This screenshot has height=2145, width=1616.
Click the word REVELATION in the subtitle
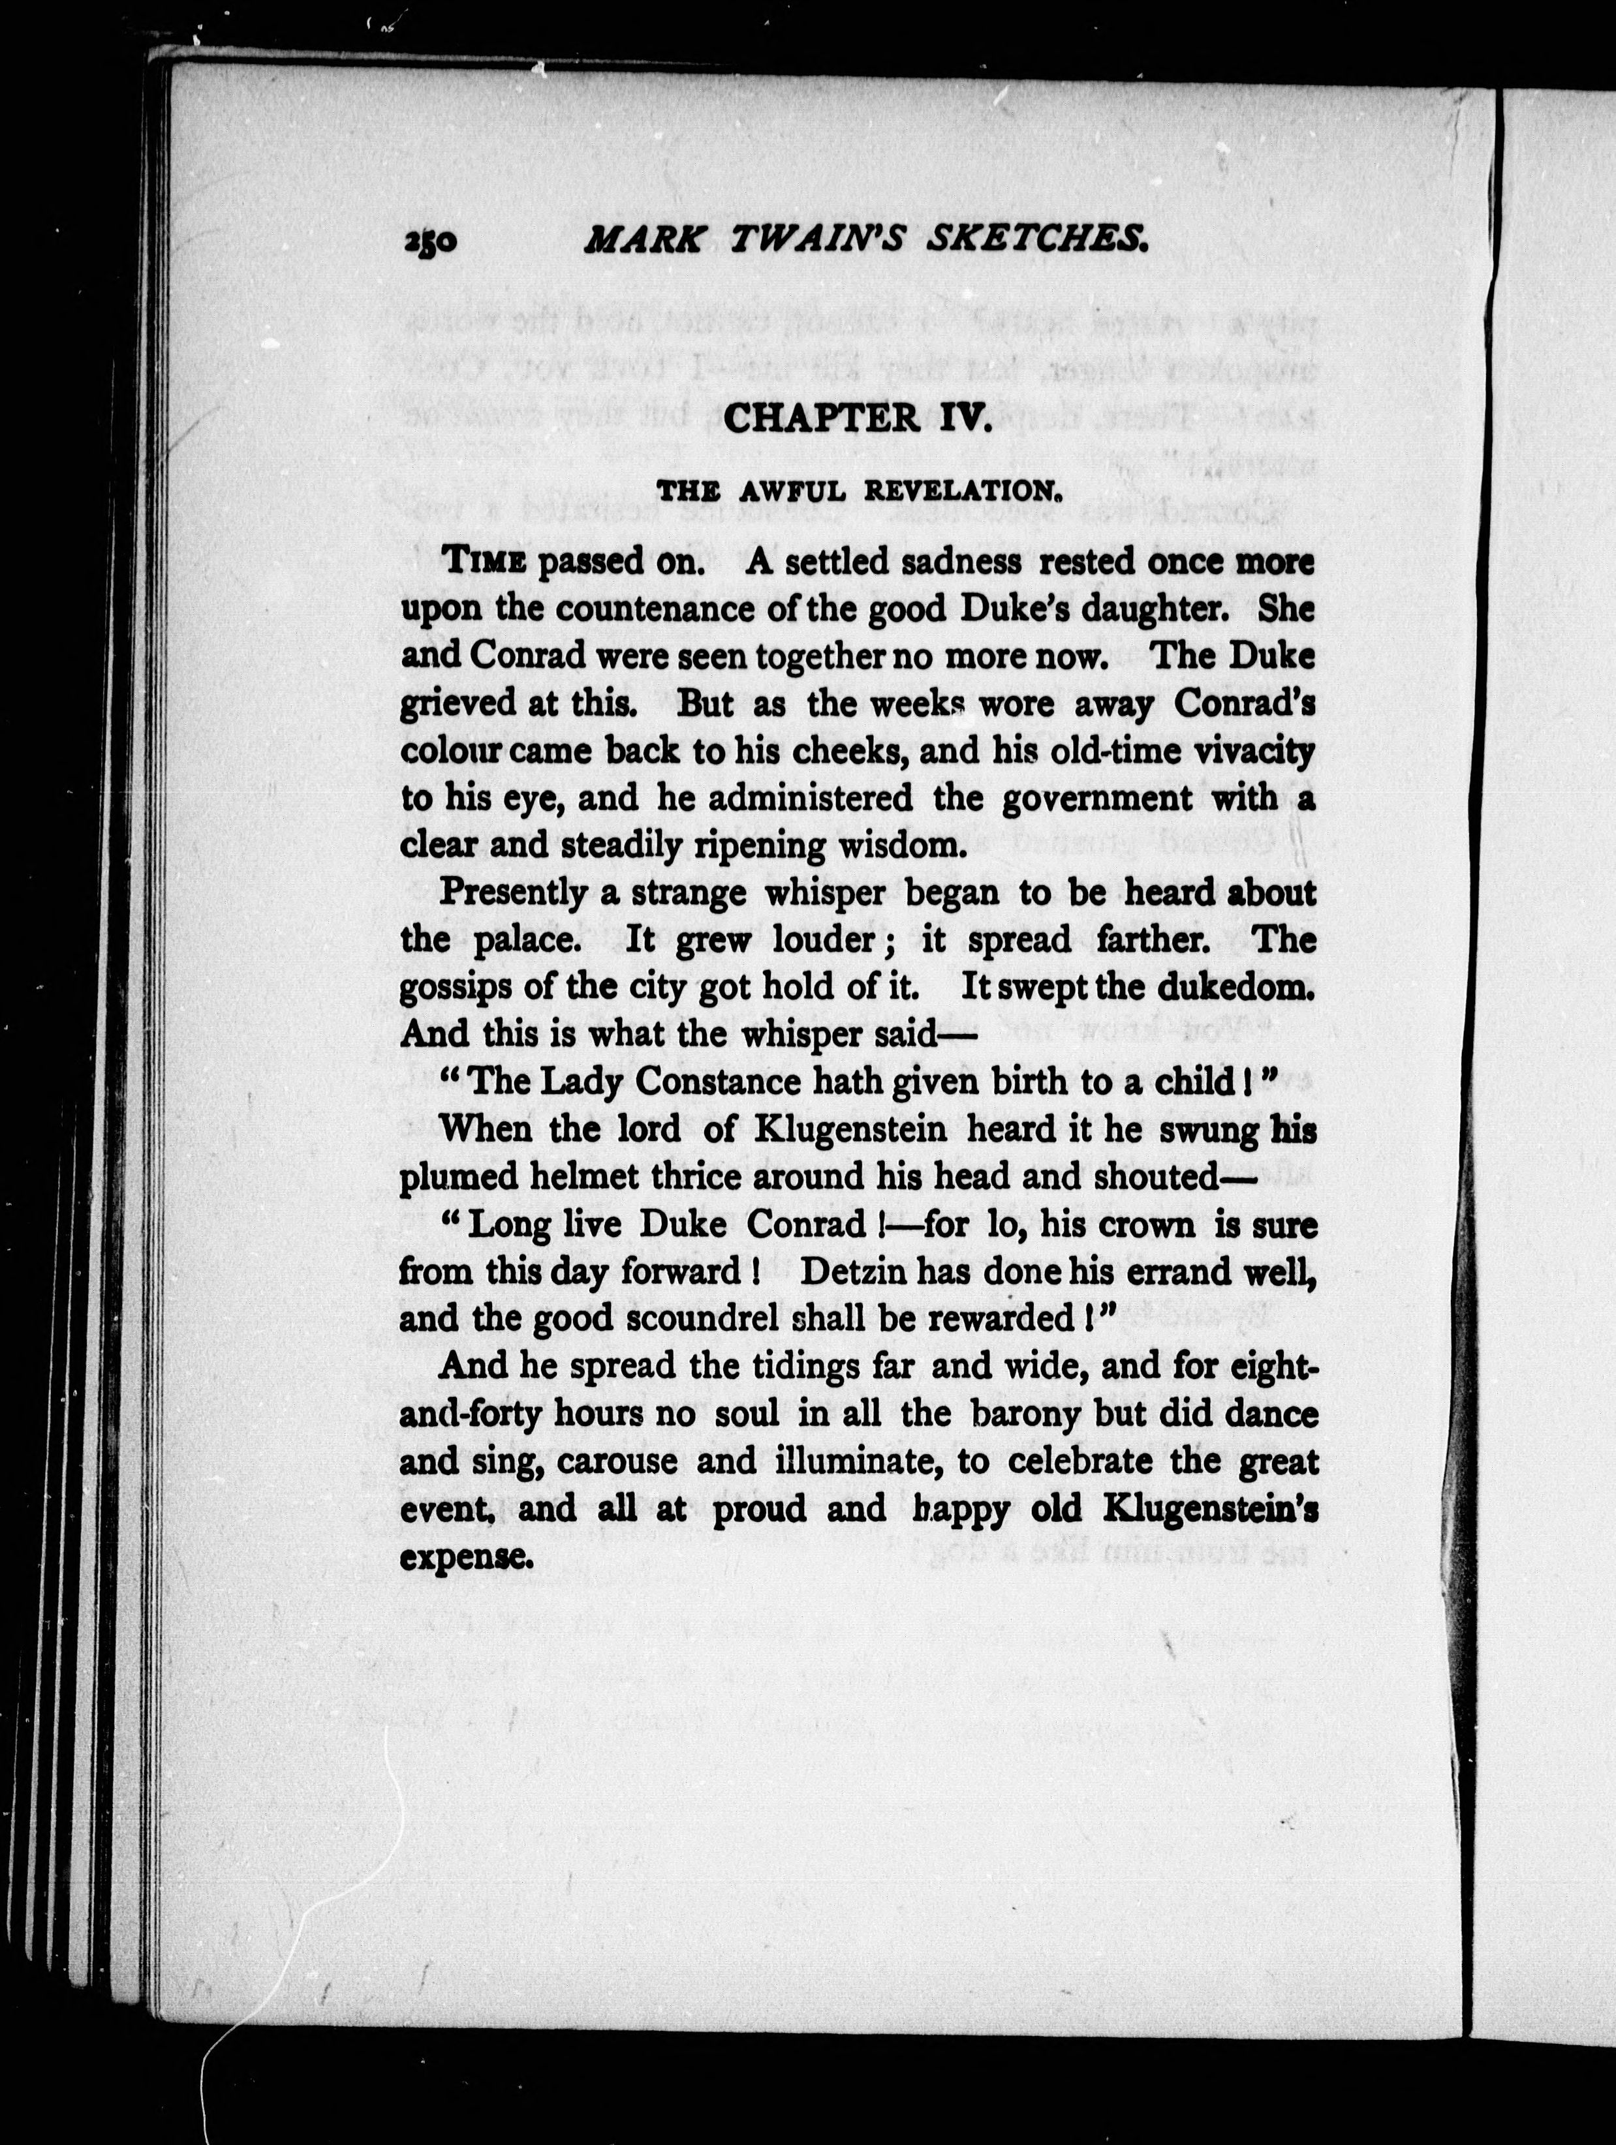(x=959, y=492)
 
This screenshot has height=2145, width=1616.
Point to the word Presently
(x=513, y=893)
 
